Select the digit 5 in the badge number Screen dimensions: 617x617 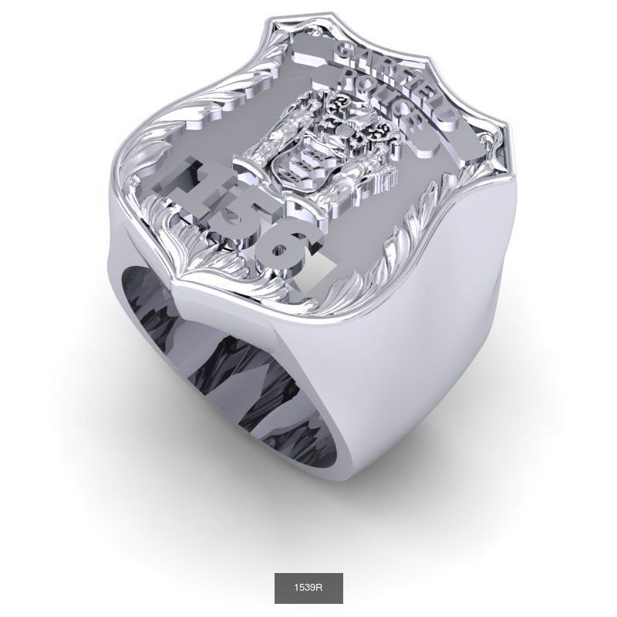(231, 212)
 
